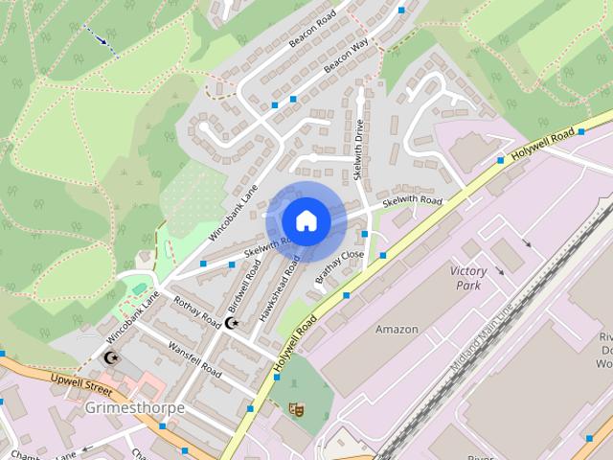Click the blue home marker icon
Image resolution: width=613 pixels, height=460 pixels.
[306, 220]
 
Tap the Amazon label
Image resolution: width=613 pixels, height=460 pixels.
[397, 330]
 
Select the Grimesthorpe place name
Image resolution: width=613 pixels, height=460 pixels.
[134, 407]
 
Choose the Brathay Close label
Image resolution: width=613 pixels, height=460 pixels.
[340, 267]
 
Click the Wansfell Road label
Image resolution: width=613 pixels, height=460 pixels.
[194, 358]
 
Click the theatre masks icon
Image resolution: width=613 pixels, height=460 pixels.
[297, 408]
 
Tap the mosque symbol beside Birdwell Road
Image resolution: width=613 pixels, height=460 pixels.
[231, 323]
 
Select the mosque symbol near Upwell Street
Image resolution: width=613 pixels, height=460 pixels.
[111, 358]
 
